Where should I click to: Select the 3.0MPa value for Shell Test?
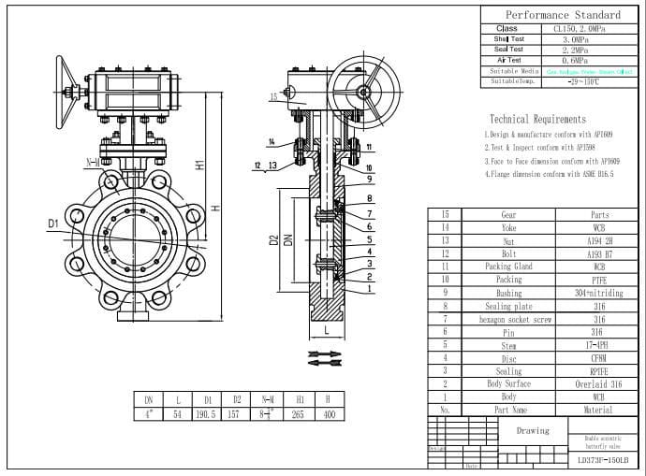point(576,39)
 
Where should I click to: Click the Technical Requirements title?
point(537,119)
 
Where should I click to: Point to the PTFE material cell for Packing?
point(599,280)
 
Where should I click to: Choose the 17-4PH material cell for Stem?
point(599,345)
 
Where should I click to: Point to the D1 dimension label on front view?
point(53,224)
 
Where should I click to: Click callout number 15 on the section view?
point(273,96)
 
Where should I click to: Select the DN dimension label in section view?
point(288,240)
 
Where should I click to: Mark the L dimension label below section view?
point(325,330)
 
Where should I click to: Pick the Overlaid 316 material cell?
point(599,384)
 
